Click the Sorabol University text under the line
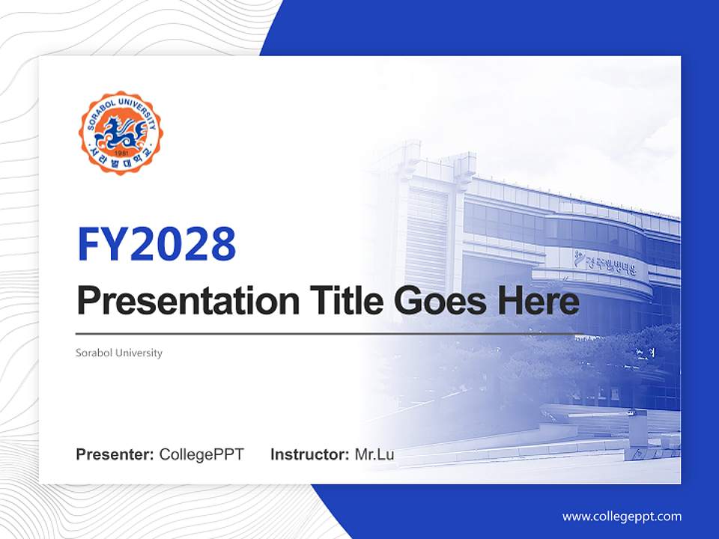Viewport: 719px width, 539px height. [119, 353]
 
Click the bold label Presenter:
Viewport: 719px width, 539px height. [115, 454]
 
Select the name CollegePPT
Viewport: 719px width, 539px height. [201, 454]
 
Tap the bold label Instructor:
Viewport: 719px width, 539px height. [309, 454]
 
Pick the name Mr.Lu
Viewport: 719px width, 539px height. [374, 454]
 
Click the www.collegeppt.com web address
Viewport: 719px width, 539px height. [622, 516]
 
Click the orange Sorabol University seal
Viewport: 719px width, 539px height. [121, 133]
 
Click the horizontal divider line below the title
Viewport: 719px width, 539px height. [330, 333]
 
